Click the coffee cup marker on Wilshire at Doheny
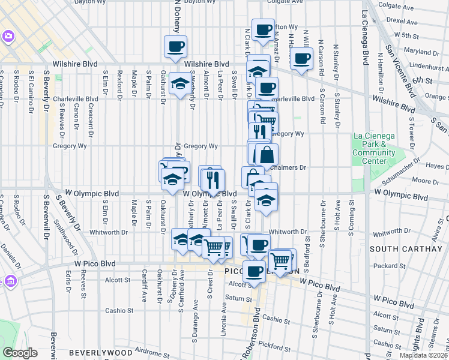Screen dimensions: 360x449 pos(175,47)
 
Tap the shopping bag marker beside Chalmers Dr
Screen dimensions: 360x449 pos(267,155)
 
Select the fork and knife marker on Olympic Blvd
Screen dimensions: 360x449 pos(213,180)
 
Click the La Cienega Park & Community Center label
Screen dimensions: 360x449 pos(374,148)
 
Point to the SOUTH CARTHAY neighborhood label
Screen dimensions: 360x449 pos(396,248)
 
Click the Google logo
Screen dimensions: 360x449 pos(20,352)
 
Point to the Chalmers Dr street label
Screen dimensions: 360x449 pos(292,167)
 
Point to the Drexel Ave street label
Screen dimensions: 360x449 pos(402,20)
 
